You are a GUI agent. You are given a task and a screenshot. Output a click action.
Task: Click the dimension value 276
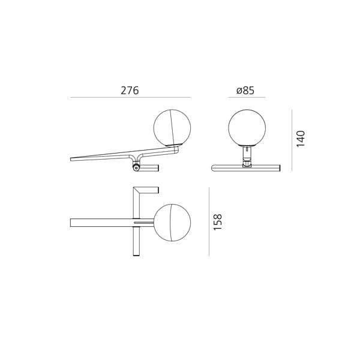(130, 91)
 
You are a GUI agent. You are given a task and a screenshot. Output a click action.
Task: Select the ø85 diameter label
(245, 91)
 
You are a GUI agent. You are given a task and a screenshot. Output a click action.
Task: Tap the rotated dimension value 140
(301, 139)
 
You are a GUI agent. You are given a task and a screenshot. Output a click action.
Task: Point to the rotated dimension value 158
(218, 221)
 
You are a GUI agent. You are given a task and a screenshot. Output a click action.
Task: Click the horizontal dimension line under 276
(130, 97)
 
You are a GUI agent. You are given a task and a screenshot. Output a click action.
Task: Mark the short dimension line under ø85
(246, 97)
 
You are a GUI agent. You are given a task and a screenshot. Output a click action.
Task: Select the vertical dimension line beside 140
(292, 140)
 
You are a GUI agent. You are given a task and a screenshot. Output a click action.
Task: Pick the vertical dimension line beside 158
(209, 221)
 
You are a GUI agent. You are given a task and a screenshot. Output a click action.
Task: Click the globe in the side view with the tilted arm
(172, 128)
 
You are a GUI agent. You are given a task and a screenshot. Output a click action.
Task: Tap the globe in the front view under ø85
(247, 128)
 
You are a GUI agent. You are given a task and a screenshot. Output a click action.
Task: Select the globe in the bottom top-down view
(172, 223)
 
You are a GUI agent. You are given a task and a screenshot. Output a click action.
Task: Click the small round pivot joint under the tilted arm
(136, 168)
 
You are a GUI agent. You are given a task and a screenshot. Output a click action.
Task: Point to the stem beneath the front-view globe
(247, 155)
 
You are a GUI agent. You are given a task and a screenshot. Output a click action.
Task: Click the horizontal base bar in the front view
(245, 168)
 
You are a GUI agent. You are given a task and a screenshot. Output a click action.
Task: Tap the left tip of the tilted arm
(71, 159)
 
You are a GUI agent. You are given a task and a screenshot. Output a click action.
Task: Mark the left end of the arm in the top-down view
(71, 223)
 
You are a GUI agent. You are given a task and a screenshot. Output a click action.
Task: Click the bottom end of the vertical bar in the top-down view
(136, 254)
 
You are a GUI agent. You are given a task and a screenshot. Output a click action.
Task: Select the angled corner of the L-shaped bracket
(136, 190)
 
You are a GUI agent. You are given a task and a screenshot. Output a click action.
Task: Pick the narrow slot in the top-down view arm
(143, 223)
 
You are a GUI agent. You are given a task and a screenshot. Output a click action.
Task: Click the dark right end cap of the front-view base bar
(280, 168)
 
